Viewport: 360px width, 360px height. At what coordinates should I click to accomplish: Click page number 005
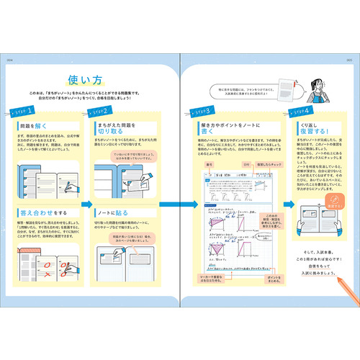coord(351,60)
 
